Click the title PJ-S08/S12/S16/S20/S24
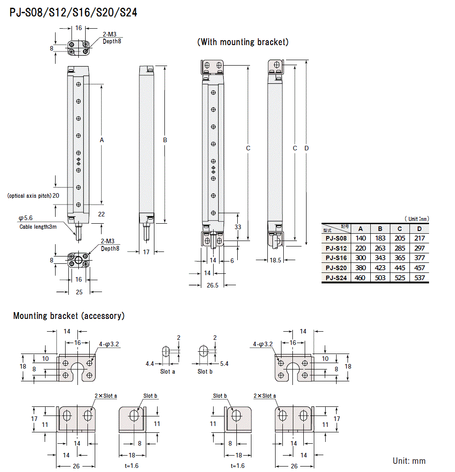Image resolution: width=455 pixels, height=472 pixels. [73, 13]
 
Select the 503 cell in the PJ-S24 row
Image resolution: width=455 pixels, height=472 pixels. [380, 278]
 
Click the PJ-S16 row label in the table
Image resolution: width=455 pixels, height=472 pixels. [336, 258]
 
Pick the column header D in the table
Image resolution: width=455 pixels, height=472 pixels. [419, 229]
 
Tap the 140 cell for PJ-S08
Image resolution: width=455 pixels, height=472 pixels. [360, 238]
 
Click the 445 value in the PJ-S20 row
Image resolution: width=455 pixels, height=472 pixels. [400, 268]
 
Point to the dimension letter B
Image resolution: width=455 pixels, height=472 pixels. [165, 140]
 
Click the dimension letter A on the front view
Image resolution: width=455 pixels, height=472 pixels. [102, 141]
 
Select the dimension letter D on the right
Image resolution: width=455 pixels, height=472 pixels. [307, 148]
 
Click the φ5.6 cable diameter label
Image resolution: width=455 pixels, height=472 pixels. [25, 218]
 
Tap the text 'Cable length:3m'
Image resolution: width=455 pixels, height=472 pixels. [38, 227]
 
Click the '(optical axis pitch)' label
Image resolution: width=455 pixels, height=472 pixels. [29, 196]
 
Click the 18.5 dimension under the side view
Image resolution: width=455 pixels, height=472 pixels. [275, 260]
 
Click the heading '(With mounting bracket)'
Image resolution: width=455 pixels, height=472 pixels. [243, 42]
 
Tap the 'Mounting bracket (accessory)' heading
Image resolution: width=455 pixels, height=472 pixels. [69, 316]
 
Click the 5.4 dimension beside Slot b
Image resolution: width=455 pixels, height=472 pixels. [224, 364]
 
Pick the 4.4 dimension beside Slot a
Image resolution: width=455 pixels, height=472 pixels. [149, 364]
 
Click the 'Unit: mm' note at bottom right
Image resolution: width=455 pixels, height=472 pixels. [409, 461]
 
